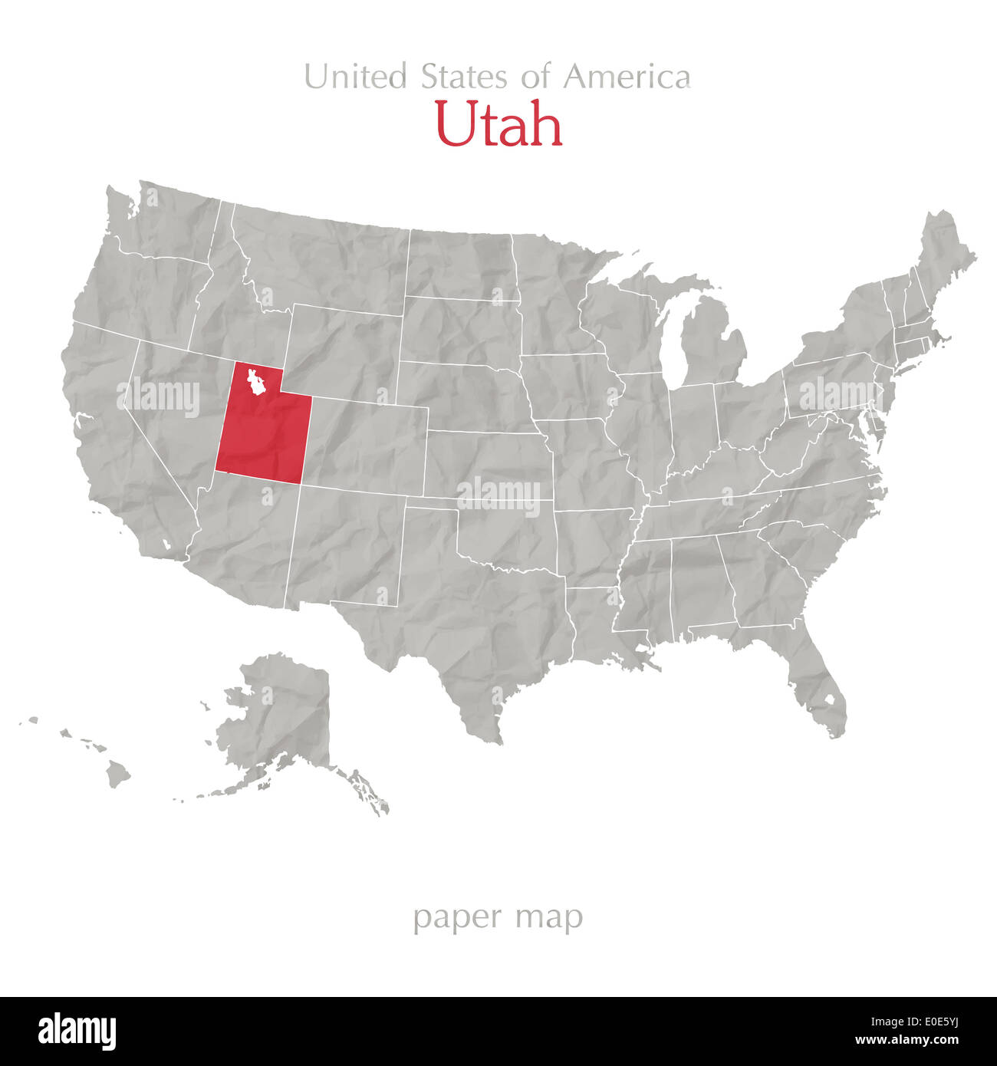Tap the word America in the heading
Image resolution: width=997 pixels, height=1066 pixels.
coord(627,77)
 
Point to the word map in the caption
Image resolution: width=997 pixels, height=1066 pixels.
coord(550,917)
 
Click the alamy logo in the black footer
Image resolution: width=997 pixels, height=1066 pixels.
coord(77,1031)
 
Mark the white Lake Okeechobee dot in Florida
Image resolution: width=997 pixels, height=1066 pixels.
coord(829,700)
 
